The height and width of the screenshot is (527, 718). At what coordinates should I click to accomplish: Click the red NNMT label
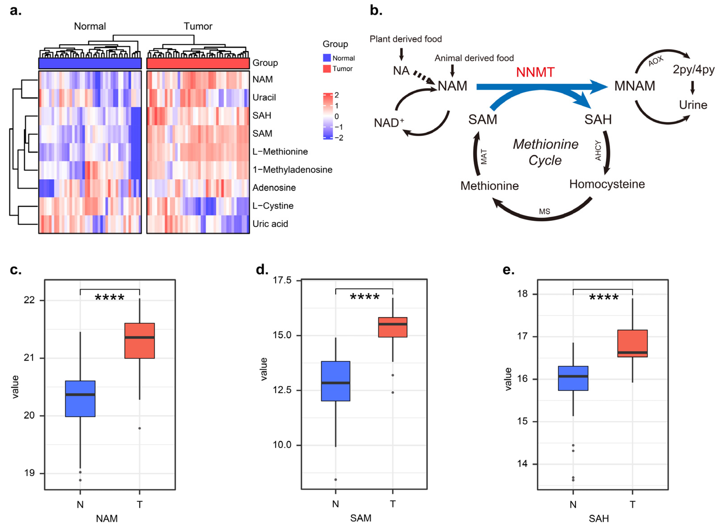[x=535, y=72]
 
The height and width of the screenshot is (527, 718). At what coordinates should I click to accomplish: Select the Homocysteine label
[x=607, y=184]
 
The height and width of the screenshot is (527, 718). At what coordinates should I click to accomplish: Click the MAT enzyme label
[x=484, y=156]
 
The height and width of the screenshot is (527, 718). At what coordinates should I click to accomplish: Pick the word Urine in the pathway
[x=693, y=105]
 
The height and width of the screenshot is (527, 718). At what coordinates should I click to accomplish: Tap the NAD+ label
[x=389, y=123]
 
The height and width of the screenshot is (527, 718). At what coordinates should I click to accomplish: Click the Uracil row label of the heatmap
[x=264, y=97]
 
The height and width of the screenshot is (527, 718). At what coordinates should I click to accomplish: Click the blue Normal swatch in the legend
[x=327, y=58]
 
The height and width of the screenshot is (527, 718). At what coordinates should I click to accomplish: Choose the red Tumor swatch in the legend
[x=327, y=69]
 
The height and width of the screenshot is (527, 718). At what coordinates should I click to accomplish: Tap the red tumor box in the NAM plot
[x=139, y=340]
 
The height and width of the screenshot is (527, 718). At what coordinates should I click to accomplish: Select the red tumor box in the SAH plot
[x=632, y=343]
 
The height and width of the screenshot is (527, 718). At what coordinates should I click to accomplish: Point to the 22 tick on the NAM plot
[x=29, y=300]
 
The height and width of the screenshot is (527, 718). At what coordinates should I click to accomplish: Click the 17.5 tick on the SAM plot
[x=282, y=280]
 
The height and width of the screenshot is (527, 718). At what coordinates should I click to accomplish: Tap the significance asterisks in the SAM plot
[x=364, y=297]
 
